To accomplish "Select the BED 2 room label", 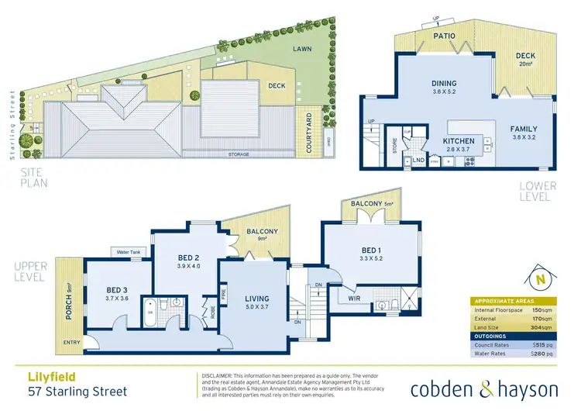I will point(188,257).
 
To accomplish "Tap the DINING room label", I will point(444,84).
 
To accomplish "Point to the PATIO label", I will point(443,35).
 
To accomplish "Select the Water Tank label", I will point(129,252).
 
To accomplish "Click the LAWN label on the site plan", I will point(302,48).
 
